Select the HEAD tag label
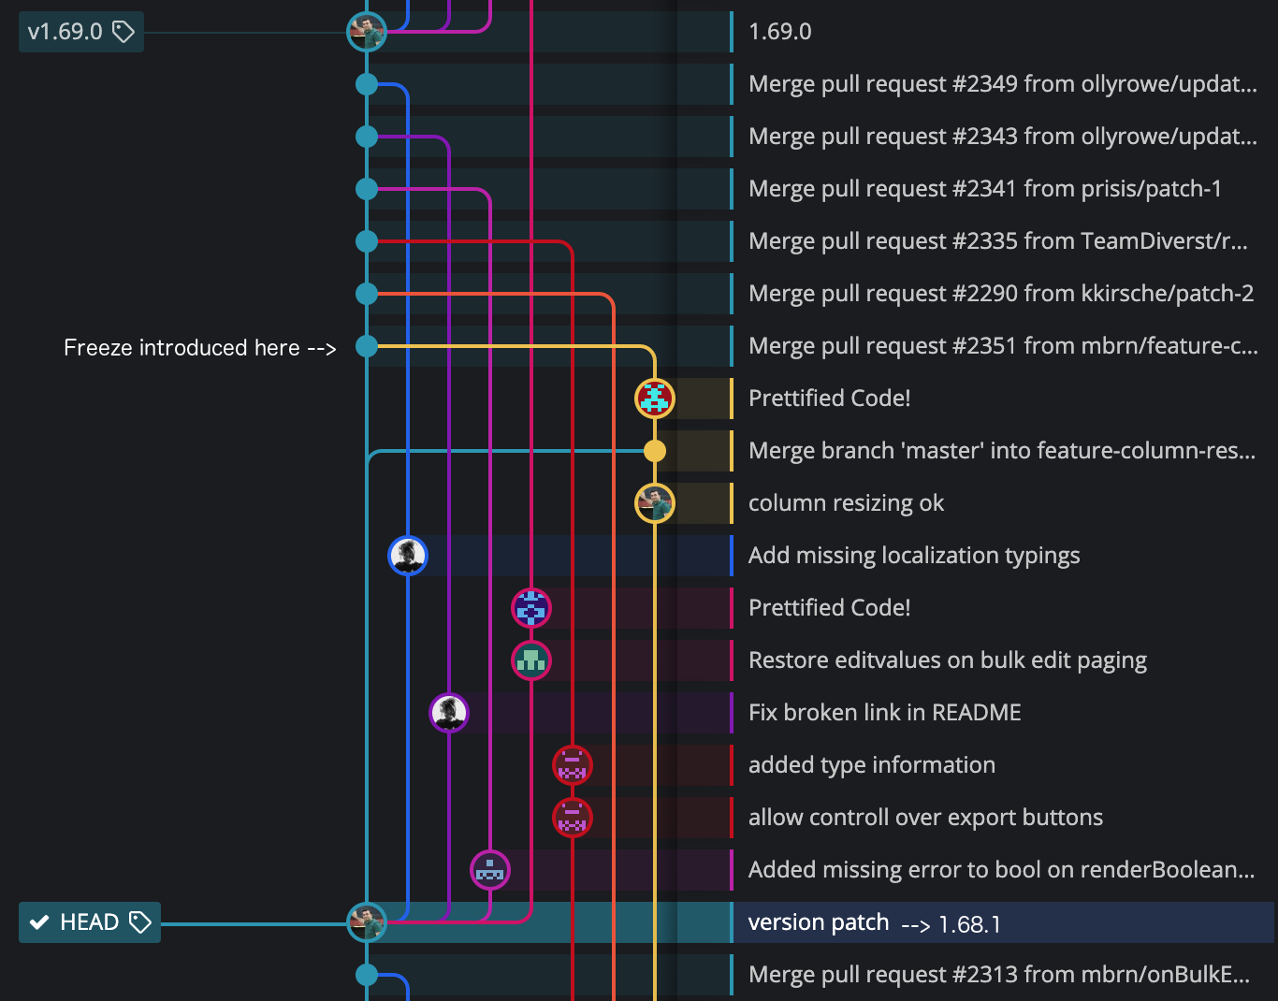coord(90,922)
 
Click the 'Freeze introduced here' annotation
coord(199,348)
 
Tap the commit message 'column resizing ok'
coord(846,503)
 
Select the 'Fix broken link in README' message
coord(884,713)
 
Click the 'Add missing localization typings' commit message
coord(913,556)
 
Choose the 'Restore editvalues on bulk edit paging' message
coord(947,660)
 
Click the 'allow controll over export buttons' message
coord(925,818)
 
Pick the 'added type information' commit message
coord(871,765)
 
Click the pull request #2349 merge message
coord(1002,84)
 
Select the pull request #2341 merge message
coord(984,189)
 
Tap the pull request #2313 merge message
coord(998,975)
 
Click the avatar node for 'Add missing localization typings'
coord(408,556)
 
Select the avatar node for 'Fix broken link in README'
coord(449,713)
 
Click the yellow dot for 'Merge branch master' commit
coord(655,451)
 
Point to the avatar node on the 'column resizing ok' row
coord(655,503)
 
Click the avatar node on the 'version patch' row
coord(367,922)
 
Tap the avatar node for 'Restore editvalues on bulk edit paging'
coord(531,660)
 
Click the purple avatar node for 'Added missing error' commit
coord(490,870)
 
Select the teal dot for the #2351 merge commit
coord(367,346)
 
